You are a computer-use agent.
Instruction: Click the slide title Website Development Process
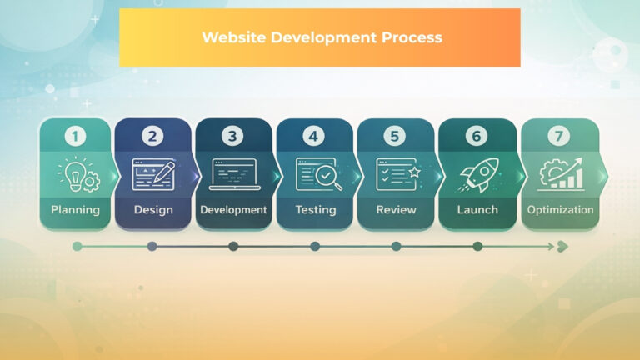[321, 37]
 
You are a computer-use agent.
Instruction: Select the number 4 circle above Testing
[313, 136]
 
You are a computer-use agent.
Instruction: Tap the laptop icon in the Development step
[233, 174]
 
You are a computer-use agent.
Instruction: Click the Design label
[152, 210]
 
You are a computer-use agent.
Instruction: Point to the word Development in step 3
[233, 210]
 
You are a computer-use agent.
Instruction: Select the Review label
[396, 210]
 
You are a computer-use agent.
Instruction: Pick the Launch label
[477, 210]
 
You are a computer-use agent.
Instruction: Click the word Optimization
[560, 210]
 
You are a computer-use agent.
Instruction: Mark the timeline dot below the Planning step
[77, 246]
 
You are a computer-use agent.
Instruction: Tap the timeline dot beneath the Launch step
[477, 246]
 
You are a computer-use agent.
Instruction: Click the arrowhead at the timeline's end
[562, 246]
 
